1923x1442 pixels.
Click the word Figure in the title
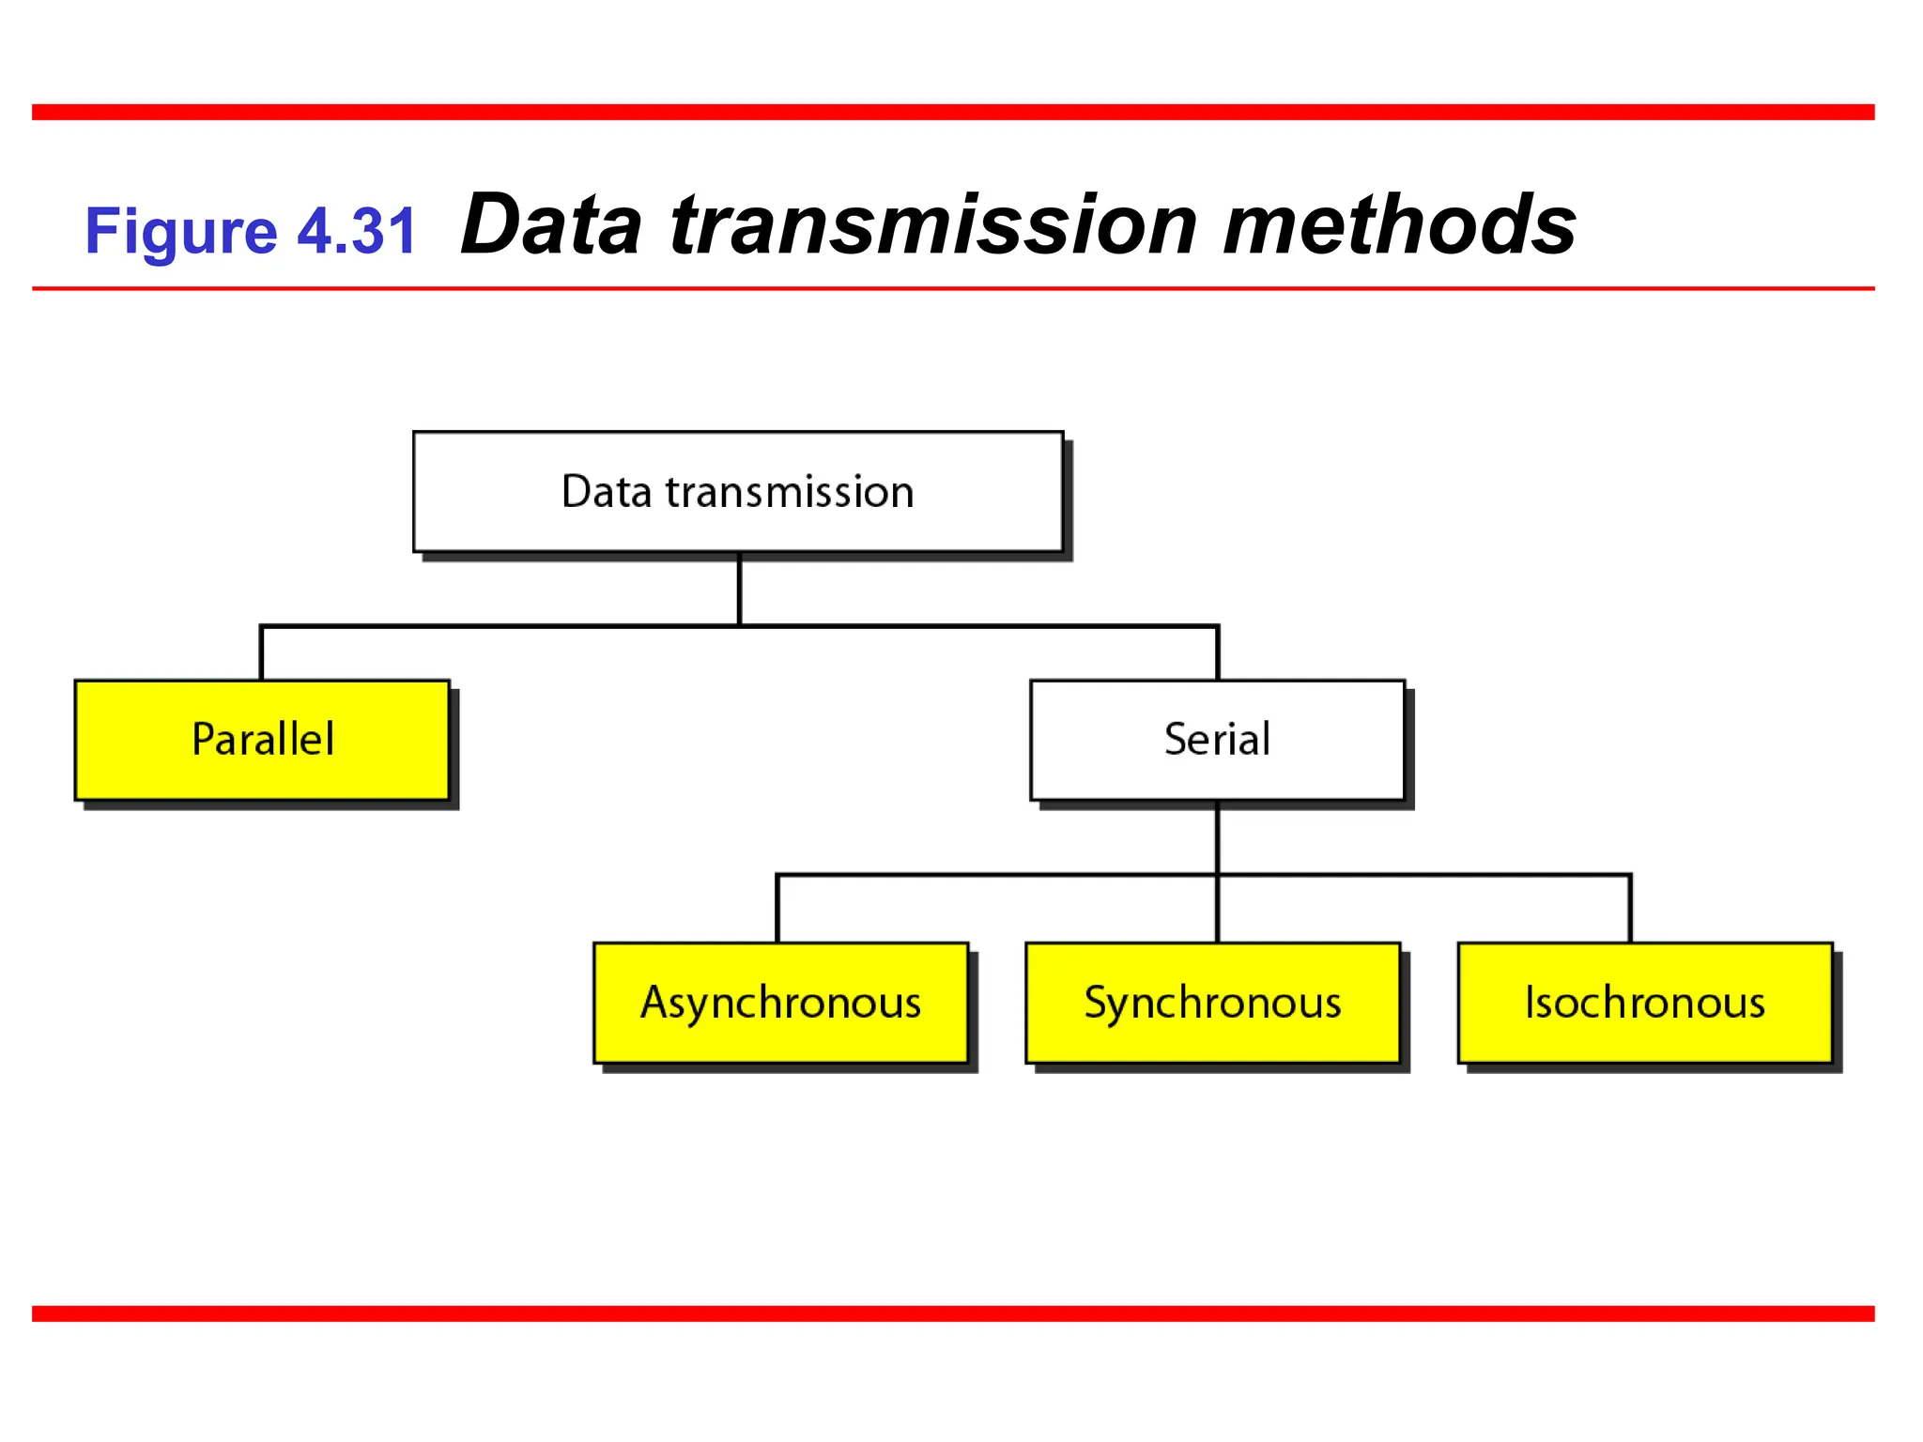click(x=180, y=232)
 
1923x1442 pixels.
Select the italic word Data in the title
click(x=552, y=225)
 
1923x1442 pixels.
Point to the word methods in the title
click(x=1399, y=225)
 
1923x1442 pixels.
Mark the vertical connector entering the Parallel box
click(x=261, y=653)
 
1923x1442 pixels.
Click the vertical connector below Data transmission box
click(x=739, y=589)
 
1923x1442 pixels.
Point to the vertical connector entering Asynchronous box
click(x=777, y=909)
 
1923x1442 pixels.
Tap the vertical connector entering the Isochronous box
click(x=1630, y=909)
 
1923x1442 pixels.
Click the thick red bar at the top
click(x=953, y=113)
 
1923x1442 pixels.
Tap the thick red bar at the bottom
click(x=953, y=1313)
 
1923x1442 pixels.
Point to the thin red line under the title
click(x=953, y=288)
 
